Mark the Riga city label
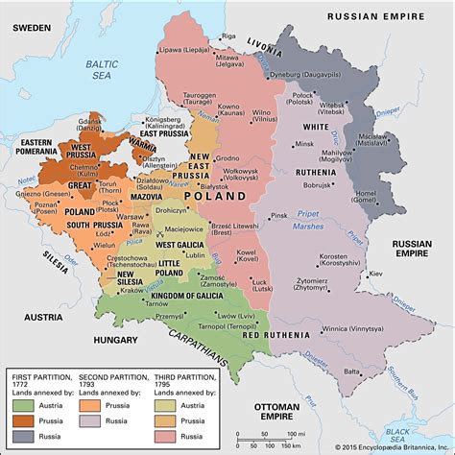tap(228, 36)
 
